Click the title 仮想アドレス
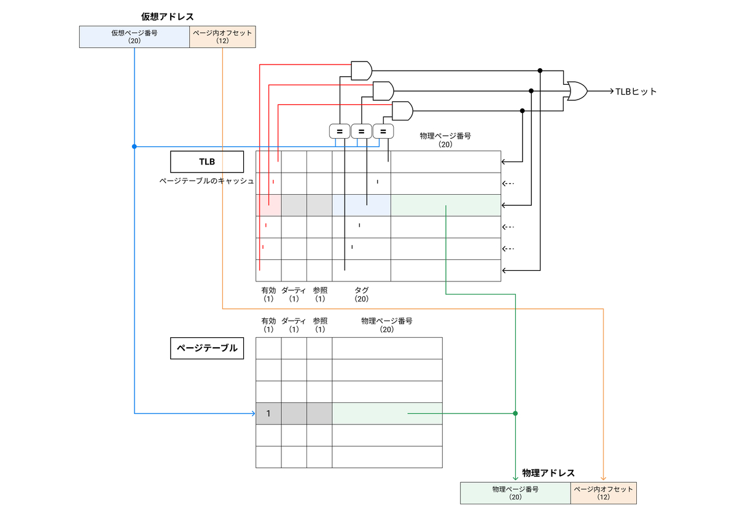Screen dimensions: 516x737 167,17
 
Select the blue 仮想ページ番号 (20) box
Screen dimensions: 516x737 135,37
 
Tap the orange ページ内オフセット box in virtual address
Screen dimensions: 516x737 222,37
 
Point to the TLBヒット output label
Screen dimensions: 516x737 636,92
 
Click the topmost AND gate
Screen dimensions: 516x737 361,70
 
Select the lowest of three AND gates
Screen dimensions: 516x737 402,111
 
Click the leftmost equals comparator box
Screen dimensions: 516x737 339,131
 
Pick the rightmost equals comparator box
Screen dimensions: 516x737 383,131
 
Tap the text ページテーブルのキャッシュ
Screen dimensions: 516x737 206,181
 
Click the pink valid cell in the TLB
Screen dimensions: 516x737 268,205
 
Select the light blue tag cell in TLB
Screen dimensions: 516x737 361,205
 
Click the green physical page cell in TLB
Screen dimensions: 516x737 445,205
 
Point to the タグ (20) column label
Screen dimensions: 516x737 361,294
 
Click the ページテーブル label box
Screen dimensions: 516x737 206,348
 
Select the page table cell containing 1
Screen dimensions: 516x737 268,413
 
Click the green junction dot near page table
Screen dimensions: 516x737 515,413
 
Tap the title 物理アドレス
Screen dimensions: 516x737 548,473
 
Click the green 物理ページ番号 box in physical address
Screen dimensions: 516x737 515,493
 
